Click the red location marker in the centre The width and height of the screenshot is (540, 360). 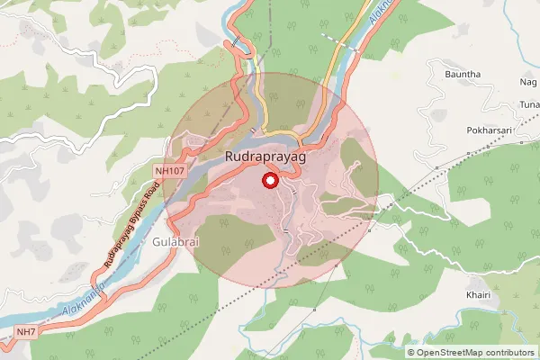(269, 182)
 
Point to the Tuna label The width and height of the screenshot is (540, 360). (529, 104)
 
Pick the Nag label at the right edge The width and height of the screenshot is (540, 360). (529, 82)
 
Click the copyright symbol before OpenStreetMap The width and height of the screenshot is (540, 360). (411, 352)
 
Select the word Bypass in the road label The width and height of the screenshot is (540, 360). (132, 224)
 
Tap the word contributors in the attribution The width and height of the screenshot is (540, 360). (507, 352)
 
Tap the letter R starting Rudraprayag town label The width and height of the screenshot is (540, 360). (229, 157)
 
